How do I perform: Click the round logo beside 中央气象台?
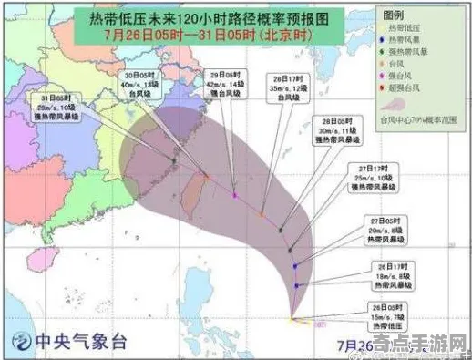17,341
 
